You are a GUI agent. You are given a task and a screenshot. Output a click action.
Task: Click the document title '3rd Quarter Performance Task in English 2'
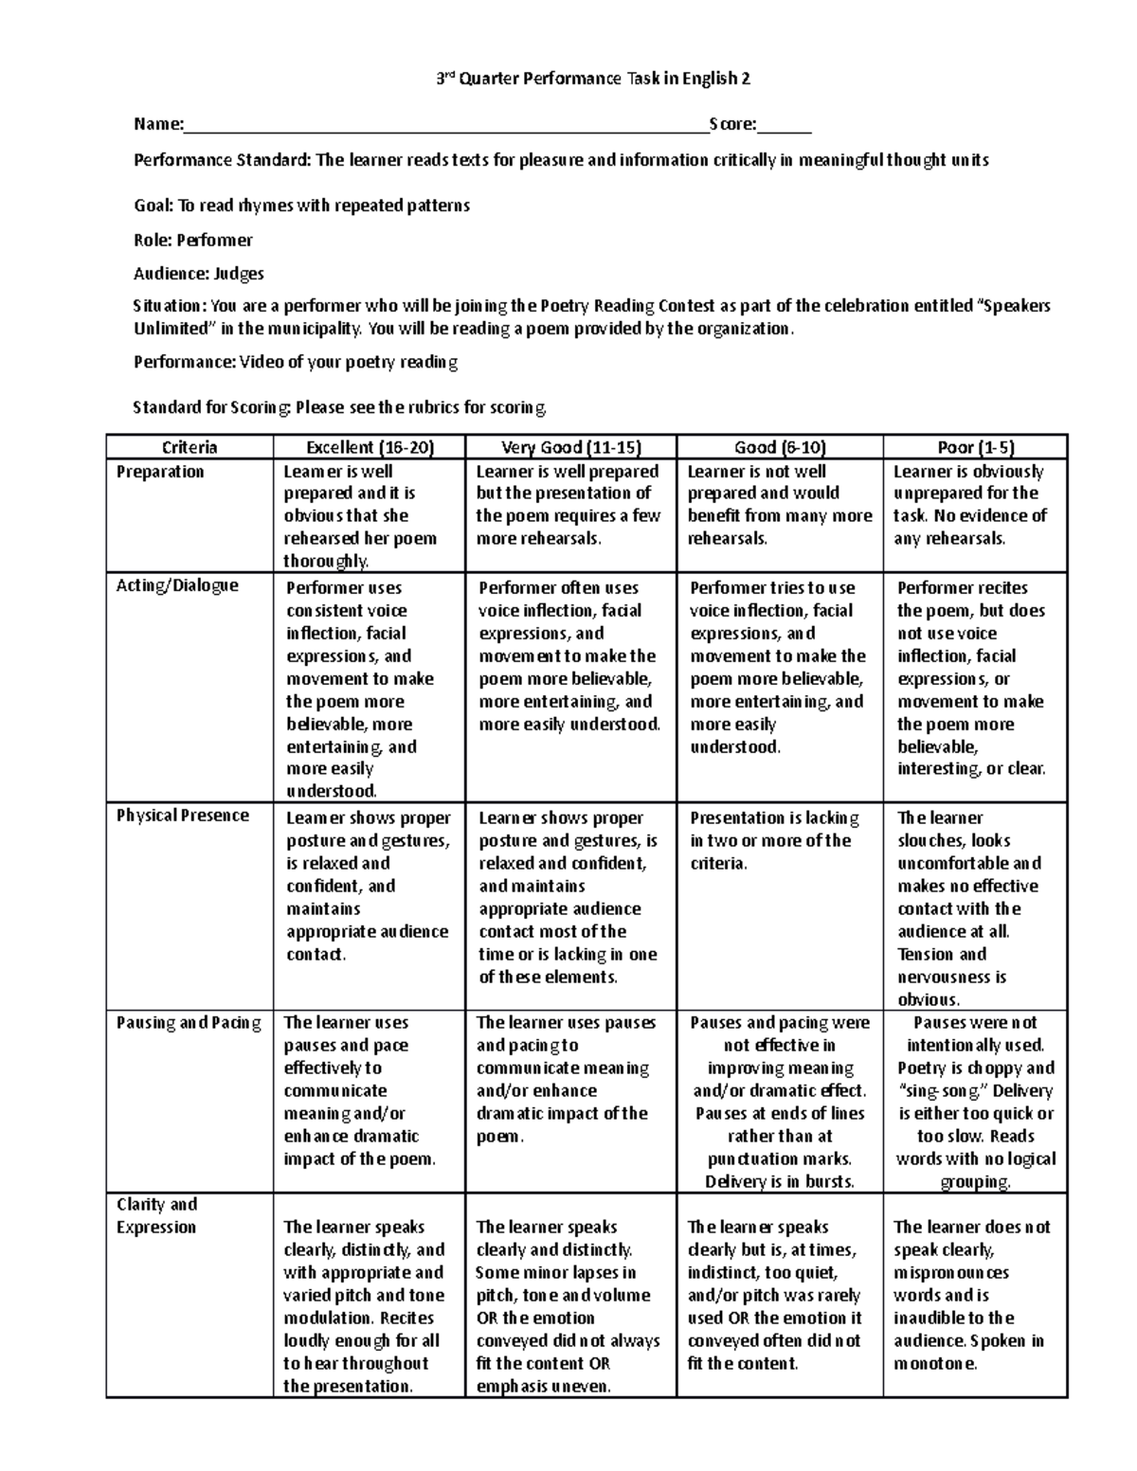click(x=592, y=80)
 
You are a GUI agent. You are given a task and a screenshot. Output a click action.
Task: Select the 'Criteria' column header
click(x=189, y=447)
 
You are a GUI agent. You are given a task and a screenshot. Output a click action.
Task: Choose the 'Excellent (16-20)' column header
click(x=370, y=447)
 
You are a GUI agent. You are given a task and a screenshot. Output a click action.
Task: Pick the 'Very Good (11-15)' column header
click(x=570, y=447)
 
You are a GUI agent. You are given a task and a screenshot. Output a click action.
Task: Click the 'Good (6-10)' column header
click(x=780, y=447)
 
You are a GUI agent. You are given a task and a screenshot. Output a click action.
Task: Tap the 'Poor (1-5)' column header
click(x=975, y=447)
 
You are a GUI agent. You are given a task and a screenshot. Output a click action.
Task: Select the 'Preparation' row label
click(x=160, y=472)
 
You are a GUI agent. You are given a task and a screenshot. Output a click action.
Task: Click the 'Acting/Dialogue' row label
click(x=177, y=585)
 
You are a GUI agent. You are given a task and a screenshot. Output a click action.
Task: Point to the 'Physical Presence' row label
click(x=182, y=816)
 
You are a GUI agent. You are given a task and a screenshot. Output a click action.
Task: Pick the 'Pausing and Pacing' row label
click(x=188, y=1023)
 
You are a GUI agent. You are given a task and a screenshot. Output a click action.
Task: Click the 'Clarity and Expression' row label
click(x=157, y=1216)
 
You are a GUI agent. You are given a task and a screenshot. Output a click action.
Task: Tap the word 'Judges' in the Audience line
click(x=239, y=274)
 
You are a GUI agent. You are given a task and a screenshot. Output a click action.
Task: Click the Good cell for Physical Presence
click(x=779, y=840)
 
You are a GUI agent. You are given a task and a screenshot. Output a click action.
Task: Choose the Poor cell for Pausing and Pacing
click(x=975, y=1102)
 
